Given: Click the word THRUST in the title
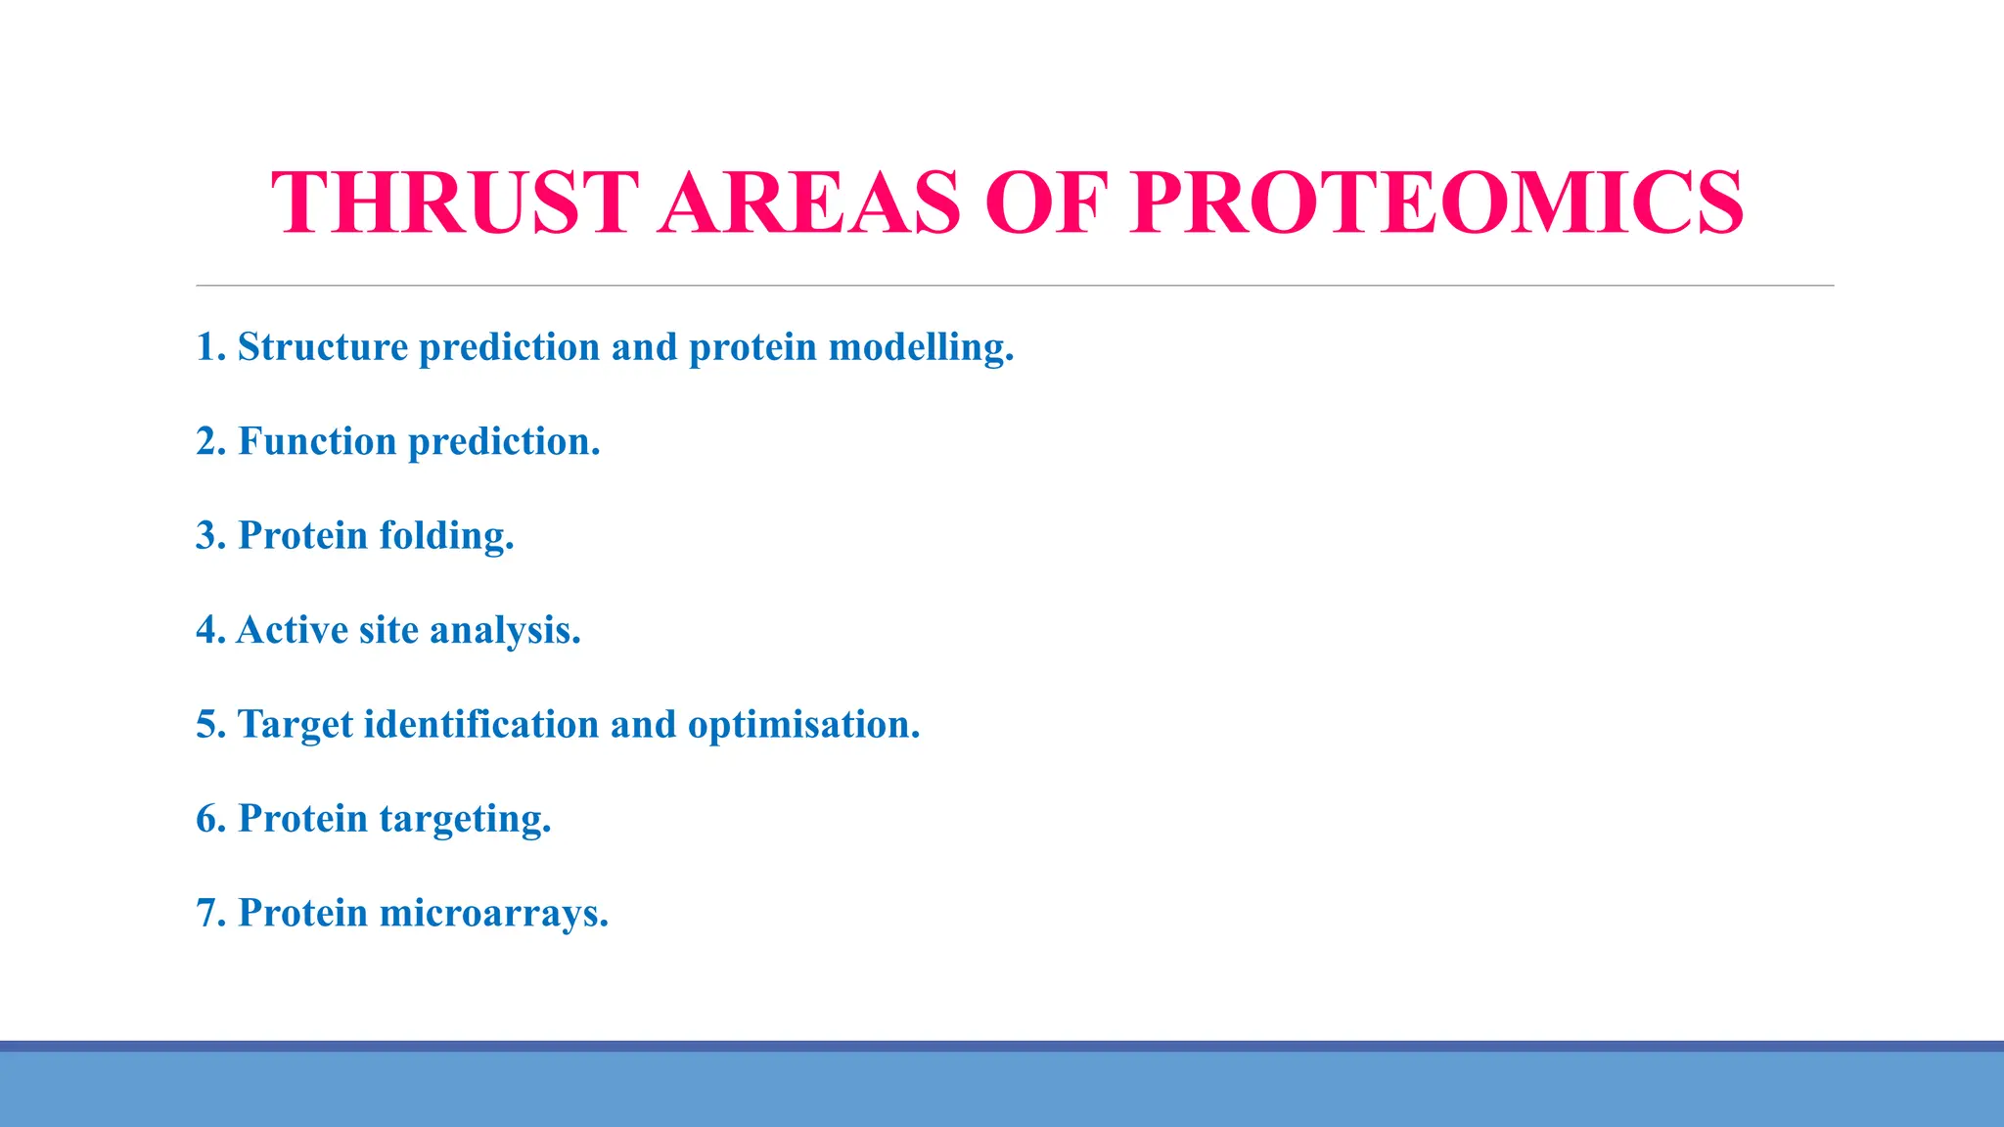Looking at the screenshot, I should [455, 203].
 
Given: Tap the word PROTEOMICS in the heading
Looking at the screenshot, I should [1436, 203].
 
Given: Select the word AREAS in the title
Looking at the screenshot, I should [810, 203].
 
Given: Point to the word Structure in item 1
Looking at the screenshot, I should [323, 347].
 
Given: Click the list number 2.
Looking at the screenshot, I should [208, 441].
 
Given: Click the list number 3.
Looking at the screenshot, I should [208, 536].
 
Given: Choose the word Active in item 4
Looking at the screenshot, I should [292, 630].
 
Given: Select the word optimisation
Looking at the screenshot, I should [803, 725].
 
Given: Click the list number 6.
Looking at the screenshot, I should [208, 819].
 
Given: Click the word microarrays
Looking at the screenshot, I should [493, 914].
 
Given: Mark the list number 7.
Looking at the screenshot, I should [208, 914].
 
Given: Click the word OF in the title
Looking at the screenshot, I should [1045, 203].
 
